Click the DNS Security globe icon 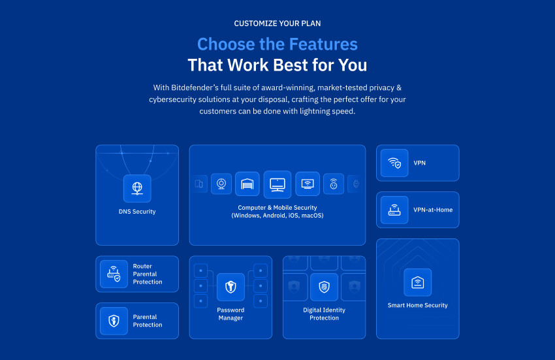point(137,188)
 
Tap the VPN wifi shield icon point(394,163)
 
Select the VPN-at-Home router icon point(394,210)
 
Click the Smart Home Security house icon point(418,282)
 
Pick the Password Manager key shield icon point(230,287)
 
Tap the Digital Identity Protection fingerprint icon point(325,287)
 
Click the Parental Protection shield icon point(114,321)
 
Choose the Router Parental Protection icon point(114,274)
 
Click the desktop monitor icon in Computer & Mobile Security point(277,184)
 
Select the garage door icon point(247,184)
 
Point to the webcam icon point(221,184)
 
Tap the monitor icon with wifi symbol point(308,184)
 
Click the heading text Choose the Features point(277,44)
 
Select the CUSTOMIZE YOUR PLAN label point(277,24)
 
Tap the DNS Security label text point(137,212)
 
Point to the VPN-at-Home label point(433,210)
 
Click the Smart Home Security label point(418,305)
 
